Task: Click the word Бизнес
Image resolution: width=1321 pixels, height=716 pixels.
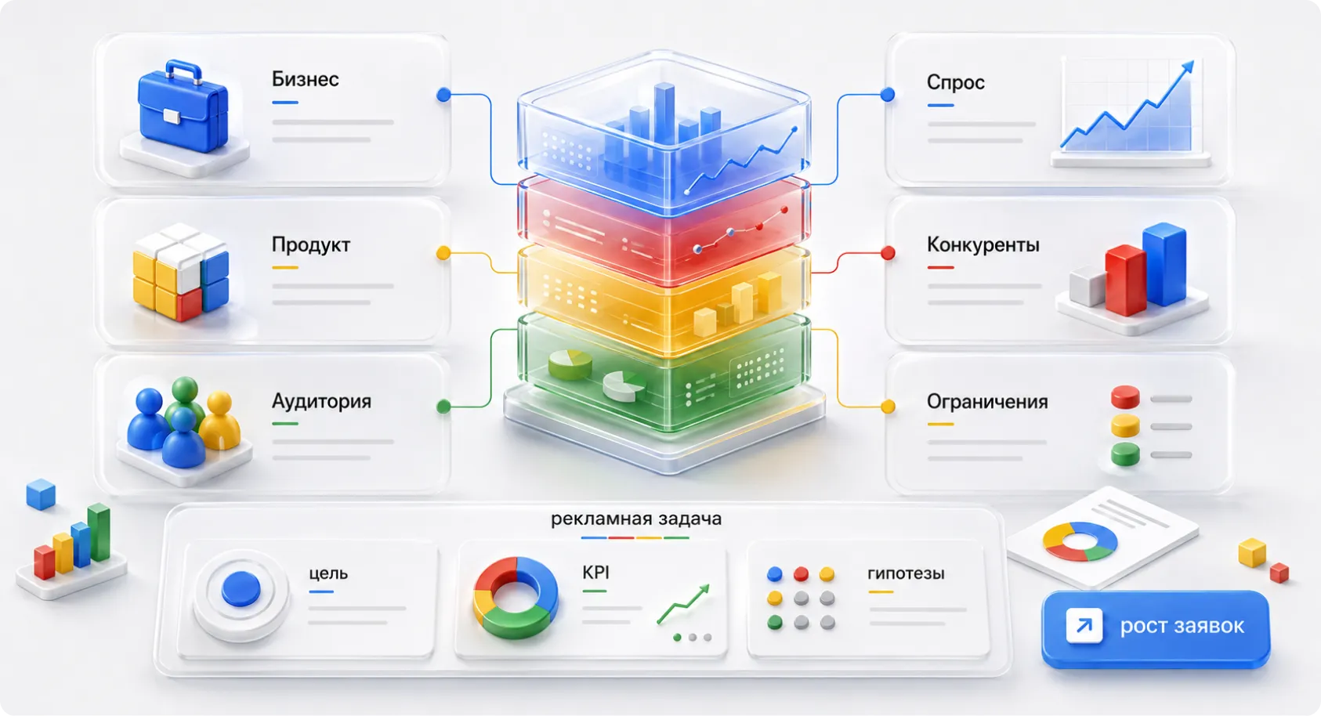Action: point(305,79)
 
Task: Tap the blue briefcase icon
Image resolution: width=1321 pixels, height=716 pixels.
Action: point(183,107)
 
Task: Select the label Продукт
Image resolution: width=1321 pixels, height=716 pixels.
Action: point(311,244)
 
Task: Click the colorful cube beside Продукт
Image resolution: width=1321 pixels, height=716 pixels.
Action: point(181,271)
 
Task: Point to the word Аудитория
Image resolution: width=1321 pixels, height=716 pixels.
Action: point(321,401)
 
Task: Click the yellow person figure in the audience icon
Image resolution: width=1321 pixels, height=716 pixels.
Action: point(220,420)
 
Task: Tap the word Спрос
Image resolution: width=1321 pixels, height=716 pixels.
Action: point(955,82)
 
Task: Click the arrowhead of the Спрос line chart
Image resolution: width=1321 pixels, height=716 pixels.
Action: point(1188,66)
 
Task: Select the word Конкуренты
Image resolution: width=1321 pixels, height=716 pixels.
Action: point(983,244)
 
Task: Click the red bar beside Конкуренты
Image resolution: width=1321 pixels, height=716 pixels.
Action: point(1124,280)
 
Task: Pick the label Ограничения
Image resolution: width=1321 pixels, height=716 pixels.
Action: point(987,402)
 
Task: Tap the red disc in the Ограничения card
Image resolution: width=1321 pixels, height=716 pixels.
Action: point(1125,397)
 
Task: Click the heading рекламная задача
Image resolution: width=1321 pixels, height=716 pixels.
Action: point(635,519)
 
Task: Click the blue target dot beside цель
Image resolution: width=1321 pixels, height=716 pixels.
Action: point(241,588)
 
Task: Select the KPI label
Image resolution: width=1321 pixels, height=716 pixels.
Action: point(595,572)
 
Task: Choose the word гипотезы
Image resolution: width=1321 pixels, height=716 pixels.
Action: point(906,573)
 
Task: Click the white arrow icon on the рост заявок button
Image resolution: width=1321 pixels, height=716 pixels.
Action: point(1084,625)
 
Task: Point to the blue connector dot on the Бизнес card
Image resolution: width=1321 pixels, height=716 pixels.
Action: point(443,94)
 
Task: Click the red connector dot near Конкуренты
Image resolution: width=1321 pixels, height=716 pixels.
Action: point(888,253)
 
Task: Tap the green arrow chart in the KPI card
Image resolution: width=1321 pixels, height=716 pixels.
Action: point(683,604)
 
